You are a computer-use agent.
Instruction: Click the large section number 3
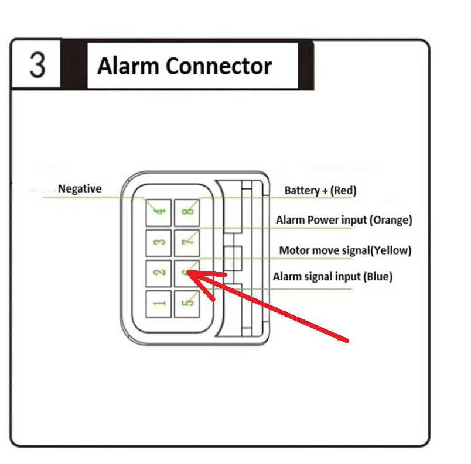tap(37, 65)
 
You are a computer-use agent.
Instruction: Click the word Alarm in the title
tap(128, 66)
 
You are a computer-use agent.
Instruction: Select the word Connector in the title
tap(219, 66)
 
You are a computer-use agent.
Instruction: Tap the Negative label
tap(80, 188)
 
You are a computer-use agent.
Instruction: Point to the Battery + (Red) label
tap(320, 191)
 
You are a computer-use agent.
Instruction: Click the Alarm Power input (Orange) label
tap(344, 220)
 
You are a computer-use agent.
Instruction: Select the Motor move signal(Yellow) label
tap(345, 250)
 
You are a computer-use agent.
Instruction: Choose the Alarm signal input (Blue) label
tap(333, 277)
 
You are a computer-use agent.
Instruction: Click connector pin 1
tap(159, 304)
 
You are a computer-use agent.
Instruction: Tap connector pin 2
tap(159, 273)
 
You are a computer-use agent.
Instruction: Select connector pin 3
tap(159, 243)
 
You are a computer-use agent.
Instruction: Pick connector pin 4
tap(159, 212)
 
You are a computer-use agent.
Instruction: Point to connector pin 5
tap(187, 304)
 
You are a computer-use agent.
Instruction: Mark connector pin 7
tap(187, 243)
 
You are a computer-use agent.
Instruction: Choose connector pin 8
tap(187, 212)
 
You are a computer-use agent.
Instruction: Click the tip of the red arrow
tap(187, 272)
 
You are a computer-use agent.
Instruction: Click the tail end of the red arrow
tap(348, 341)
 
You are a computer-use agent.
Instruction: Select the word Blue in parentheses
tap(378, 277)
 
